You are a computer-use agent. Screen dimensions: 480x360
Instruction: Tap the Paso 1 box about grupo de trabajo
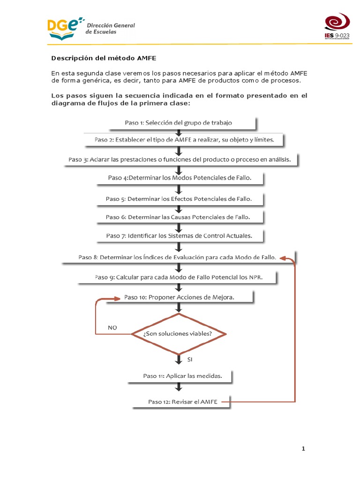pos(179,123)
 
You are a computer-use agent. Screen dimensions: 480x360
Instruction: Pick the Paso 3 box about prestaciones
pos(180,159)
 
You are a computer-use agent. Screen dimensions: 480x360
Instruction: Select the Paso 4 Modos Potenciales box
pos(179,178)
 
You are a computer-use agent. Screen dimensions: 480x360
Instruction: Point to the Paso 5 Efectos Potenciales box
pos(179,199)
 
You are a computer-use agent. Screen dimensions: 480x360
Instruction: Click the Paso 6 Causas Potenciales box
pos(178,217)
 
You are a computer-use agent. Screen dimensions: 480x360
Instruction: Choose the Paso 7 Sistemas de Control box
pos(179,236)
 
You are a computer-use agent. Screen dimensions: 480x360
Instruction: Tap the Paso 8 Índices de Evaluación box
pos(178,257)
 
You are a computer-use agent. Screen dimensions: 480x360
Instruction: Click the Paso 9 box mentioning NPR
pos(179,277)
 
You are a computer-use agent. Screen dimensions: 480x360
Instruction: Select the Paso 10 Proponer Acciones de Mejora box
pos(179,297)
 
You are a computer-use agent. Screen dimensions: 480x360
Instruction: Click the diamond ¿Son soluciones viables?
pos(179,334)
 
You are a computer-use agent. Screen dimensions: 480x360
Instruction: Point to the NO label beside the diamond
pos(112,328)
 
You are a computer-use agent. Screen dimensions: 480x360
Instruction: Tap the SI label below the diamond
pos(190,360)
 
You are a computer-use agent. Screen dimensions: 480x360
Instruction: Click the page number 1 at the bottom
pos(303,449)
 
